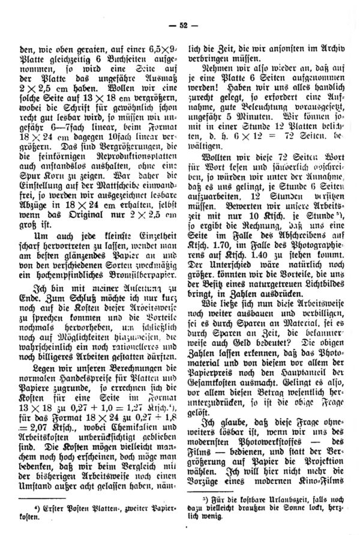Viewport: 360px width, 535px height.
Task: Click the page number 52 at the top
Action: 179,25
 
